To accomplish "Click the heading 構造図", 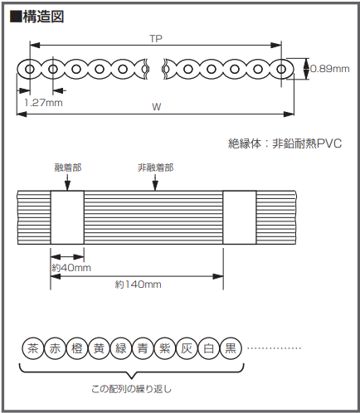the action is (43, 17).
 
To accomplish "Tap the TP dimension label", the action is (156, 39).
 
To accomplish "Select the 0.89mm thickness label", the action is (330, 69).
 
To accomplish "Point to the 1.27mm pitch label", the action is (43, 103).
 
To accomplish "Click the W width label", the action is (157, 107).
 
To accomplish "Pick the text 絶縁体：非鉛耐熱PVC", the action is (285, 143).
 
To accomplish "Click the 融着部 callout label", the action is (68, 168).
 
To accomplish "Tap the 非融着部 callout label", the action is (156, 168).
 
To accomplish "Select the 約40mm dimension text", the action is (71, 268).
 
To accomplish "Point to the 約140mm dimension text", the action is (138, 284).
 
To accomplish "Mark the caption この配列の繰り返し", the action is (132, 389).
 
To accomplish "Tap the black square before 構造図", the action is (16, 17).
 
